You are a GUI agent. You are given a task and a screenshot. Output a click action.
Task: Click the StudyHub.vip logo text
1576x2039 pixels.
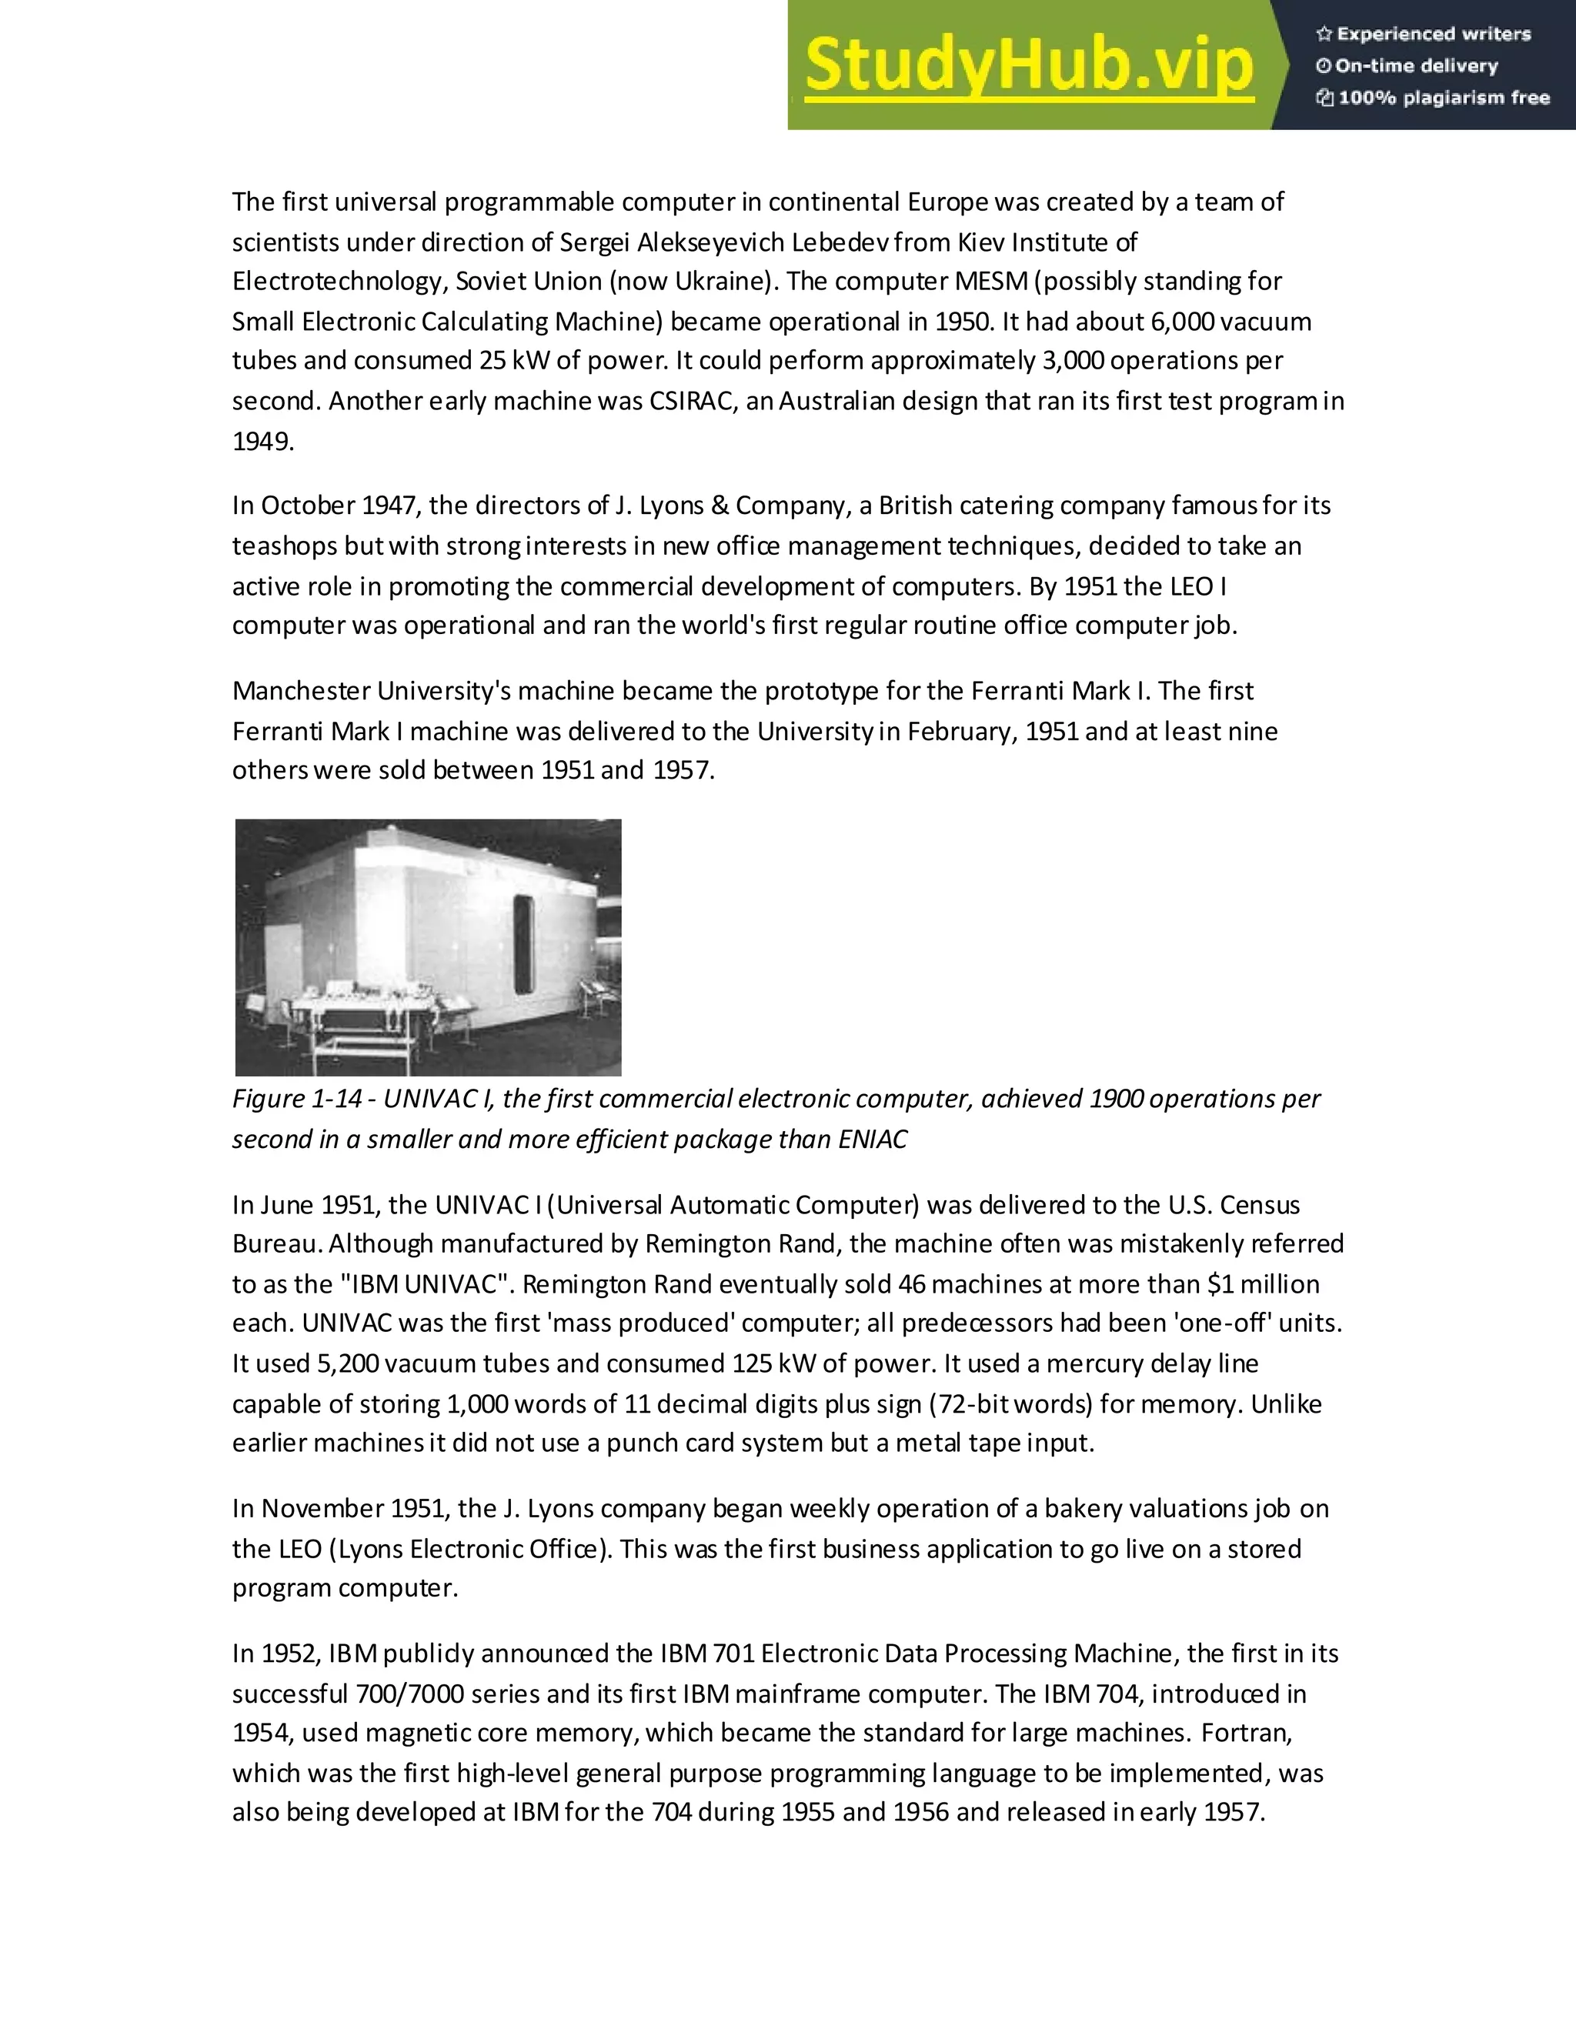(x=1028, y=65)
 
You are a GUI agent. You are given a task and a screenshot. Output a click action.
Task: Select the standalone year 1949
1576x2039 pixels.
(x=262, y=441)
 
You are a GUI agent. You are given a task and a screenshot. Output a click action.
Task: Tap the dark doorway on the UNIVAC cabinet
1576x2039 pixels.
(x=524, y=945)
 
